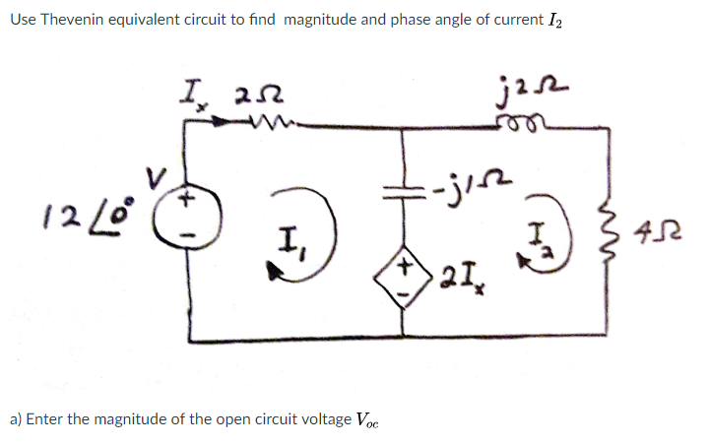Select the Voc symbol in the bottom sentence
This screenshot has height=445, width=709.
(366, 421)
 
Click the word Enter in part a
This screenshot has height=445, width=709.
(46, 419)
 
